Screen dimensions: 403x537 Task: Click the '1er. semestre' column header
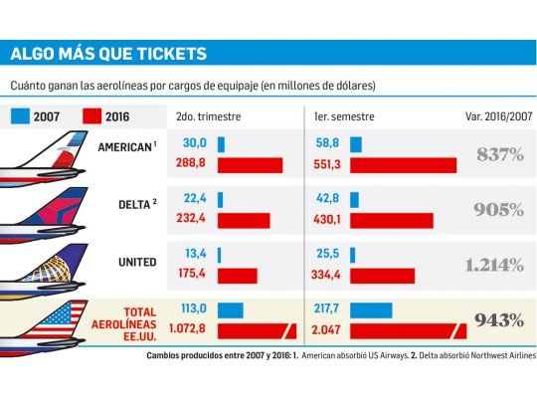point(344,116)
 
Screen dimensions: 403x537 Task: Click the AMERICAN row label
point(127,147)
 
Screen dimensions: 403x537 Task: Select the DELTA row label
point(136,206)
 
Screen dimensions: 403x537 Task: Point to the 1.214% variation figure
point(493,265)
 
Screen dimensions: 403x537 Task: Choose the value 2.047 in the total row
point(325,329)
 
